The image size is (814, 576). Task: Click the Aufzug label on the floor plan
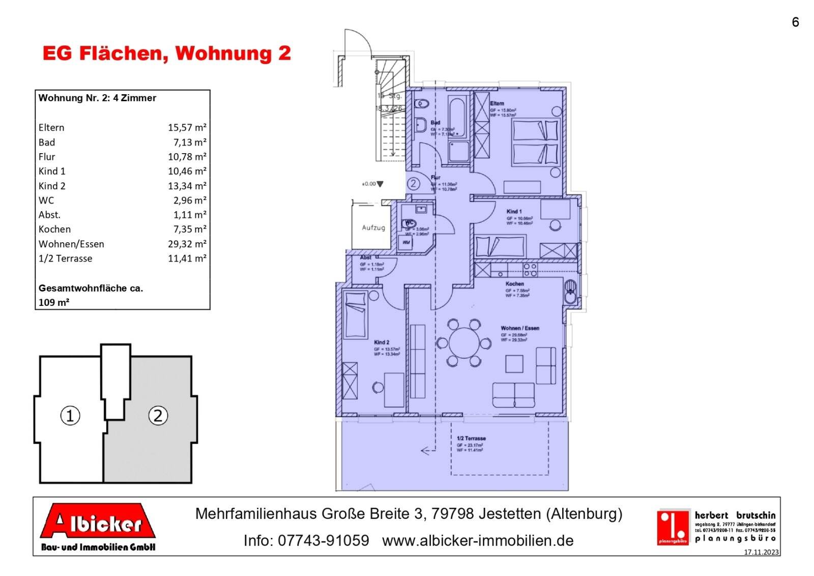pos(373,227)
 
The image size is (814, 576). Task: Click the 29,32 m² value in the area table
pos(187,244)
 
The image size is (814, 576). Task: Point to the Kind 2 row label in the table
pos(52,186)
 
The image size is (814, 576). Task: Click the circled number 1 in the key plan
pos(70,416)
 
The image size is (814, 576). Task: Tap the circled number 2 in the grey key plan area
pos(158,416)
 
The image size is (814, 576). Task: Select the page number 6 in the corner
pos(795,22)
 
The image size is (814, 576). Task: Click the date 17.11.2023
pos(761,552)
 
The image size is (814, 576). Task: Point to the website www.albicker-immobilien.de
pos(478,540)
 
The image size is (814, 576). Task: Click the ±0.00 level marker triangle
pos(380,184)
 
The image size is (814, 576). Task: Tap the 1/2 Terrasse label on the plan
pos(471,438)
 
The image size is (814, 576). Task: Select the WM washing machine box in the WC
pos(406,243)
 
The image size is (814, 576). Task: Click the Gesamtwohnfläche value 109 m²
pos(54,302)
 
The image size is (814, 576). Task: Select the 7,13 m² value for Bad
pos(189,142)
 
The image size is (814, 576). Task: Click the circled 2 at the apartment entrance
pos(413,183)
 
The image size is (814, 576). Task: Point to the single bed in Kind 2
pos(356,314)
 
